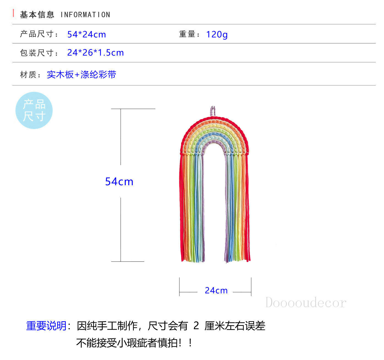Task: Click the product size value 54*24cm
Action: [x=86, y=34]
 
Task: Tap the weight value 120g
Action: [x=217, y=34]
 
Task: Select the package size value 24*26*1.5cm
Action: [x=95, y=53]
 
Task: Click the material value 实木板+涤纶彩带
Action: [x=81, y=75]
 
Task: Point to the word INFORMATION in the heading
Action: [x=85, y=15]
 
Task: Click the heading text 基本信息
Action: [x=37, y=15]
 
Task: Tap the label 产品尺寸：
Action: [x=39, y=34]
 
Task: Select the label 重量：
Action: [x=190, y=34]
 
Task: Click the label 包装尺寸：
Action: [x=39, y=53]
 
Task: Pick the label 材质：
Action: [x=31, y=75]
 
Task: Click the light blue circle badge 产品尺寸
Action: [x=34, y=110]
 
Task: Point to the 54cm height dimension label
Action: [x=119, y=182]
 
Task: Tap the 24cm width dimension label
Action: [x=216, y=290]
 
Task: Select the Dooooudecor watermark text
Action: [x=306, y=303]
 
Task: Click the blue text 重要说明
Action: [x=46, y=326]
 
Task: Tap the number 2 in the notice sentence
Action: [x=196, y=326]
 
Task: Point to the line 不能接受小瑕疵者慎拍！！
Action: [x=135, y=343]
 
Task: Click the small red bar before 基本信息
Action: [x=13, y=13]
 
